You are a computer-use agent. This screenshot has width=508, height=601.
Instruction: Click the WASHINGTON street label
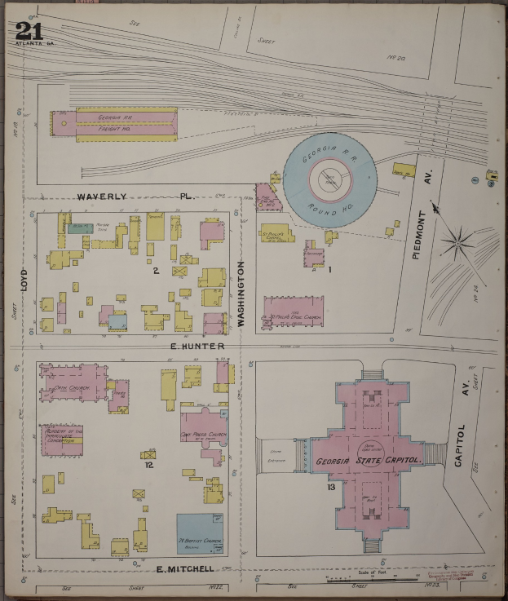(241, 294)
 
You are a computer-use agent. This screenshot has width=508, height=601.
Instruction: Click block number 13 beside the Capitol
(330, 488)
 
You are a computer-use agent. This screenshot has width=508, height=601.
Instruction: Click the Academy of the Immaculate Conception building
(64, 438)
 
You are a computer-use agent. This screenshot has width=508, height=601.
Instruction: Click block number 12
(149, 466)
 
